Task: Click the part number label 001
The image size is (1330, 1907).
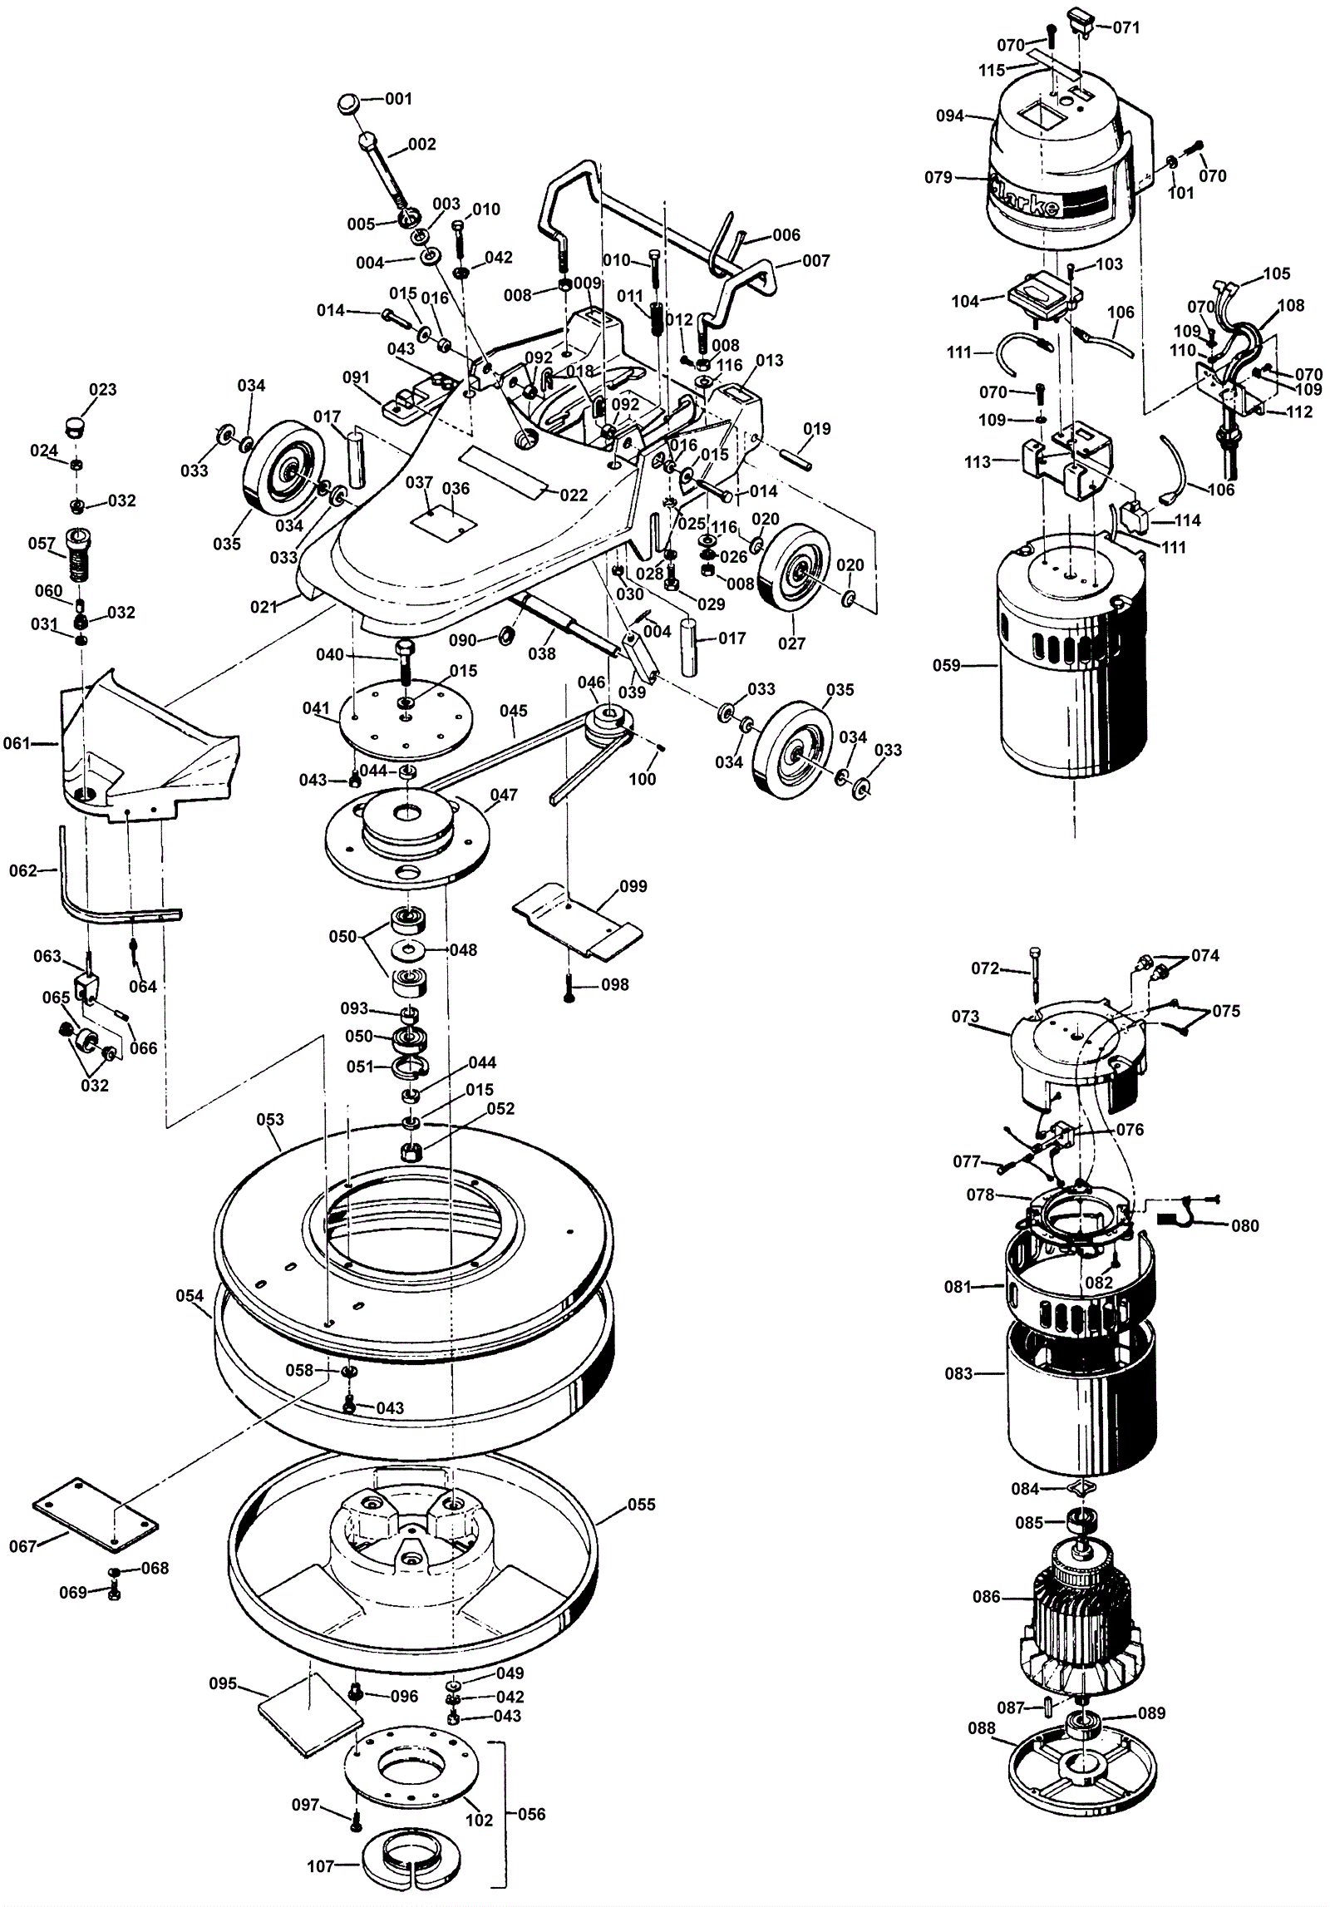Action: tap(399, 99)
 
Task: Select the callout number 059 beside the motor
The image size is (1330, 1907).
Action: tap(947, 665)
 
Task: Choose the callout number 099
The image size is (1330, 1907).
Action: tap(633, 886)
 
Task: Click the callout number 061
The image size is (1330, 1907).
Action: tap(17, 743)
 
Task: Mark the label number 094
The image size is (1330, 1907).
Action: tap(950, 116)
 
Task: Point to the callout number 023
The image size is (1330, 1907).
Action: tap(103, 390)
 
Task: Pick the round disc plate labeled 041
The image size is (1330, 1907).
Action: tap(405, 718)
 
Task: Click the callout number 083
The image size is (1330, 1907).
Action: tap(958, 1374)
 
